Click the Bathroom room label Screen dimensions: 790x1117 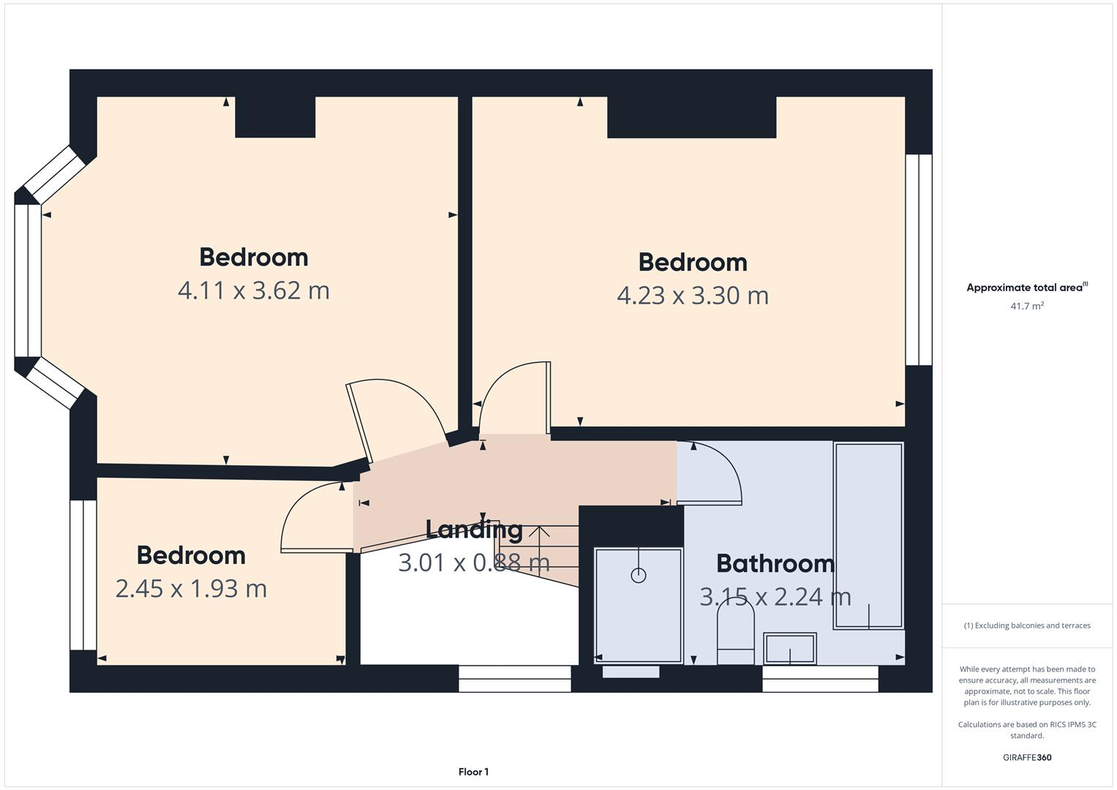[x=775, y=563]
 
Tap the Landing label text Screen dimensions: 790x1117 [x=474, y=530]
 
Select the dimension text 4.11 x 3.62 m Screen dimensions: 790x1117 [x=254, y=290]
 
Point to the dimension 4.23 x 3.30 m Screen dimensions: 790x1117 [x=693, y=296]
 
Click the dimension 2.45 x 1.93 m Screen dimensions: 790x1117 [x=191, y=588]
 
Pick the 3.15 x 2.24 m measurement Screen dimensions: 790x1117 [x=775, y=597]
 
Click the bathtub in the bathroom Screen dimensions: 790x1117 [x=868, y=535]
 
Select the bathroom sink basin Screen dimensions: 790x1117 [x=790, y=648]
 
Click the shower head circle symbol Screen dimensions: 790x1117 [x=639, y=575]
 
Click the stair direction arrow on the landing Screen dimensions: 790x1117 [x=539, y=545]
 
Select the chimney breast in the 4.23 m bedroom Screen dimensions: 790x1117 [x=691, y=117]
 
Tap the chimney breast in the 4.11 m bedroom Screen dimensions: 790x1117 [x=275, y=117]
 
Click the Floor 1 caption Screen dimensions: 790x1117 [x=473, y=772]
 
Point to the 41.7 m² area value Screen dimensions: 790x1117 [x=1027, y=306]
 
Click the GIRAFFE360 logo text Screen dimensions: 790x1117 [x=1027, y=757]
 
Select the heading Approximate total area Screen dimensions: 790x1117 [x=1026, y=287]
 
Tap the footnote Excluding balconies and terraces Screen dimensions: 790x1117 [x=1027, y=625]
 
